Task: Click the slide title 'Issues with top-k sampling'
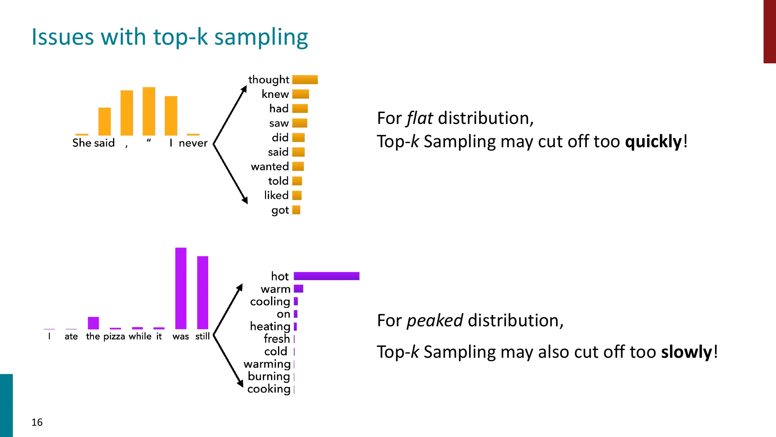click(170, 37)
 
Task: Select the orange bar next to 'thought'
click(305, 80)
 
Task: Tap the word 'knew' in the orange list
click(275, 94)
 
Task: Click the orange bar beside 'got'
click(296, 210)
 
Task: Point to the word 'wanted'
click(270, 167)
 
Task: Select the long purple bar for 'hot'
click(326, 276)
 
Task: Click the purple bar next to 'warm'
click(298, 289)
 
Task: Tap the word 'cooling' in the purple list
click(270, 301)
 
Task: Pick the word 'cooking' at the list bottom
click(269, 389)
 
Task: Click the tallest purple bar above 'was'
click(181, 288)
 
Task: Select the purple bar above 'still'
click(202, 292)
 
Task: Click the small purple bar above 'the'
click(93, 323)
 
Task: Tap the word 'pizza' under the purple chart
click(114, 336)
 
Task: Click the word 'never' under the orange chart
click(193, 143)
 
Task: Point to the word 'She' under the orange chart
click(82, 143)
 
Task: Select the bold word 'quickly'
click(653, 141)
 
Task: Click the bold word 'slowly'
click(686, 352)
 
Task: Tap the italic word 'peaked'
click(434, 321)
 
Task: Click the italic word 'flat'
click(419, 118)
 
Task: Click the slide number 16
click(37, 422)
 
